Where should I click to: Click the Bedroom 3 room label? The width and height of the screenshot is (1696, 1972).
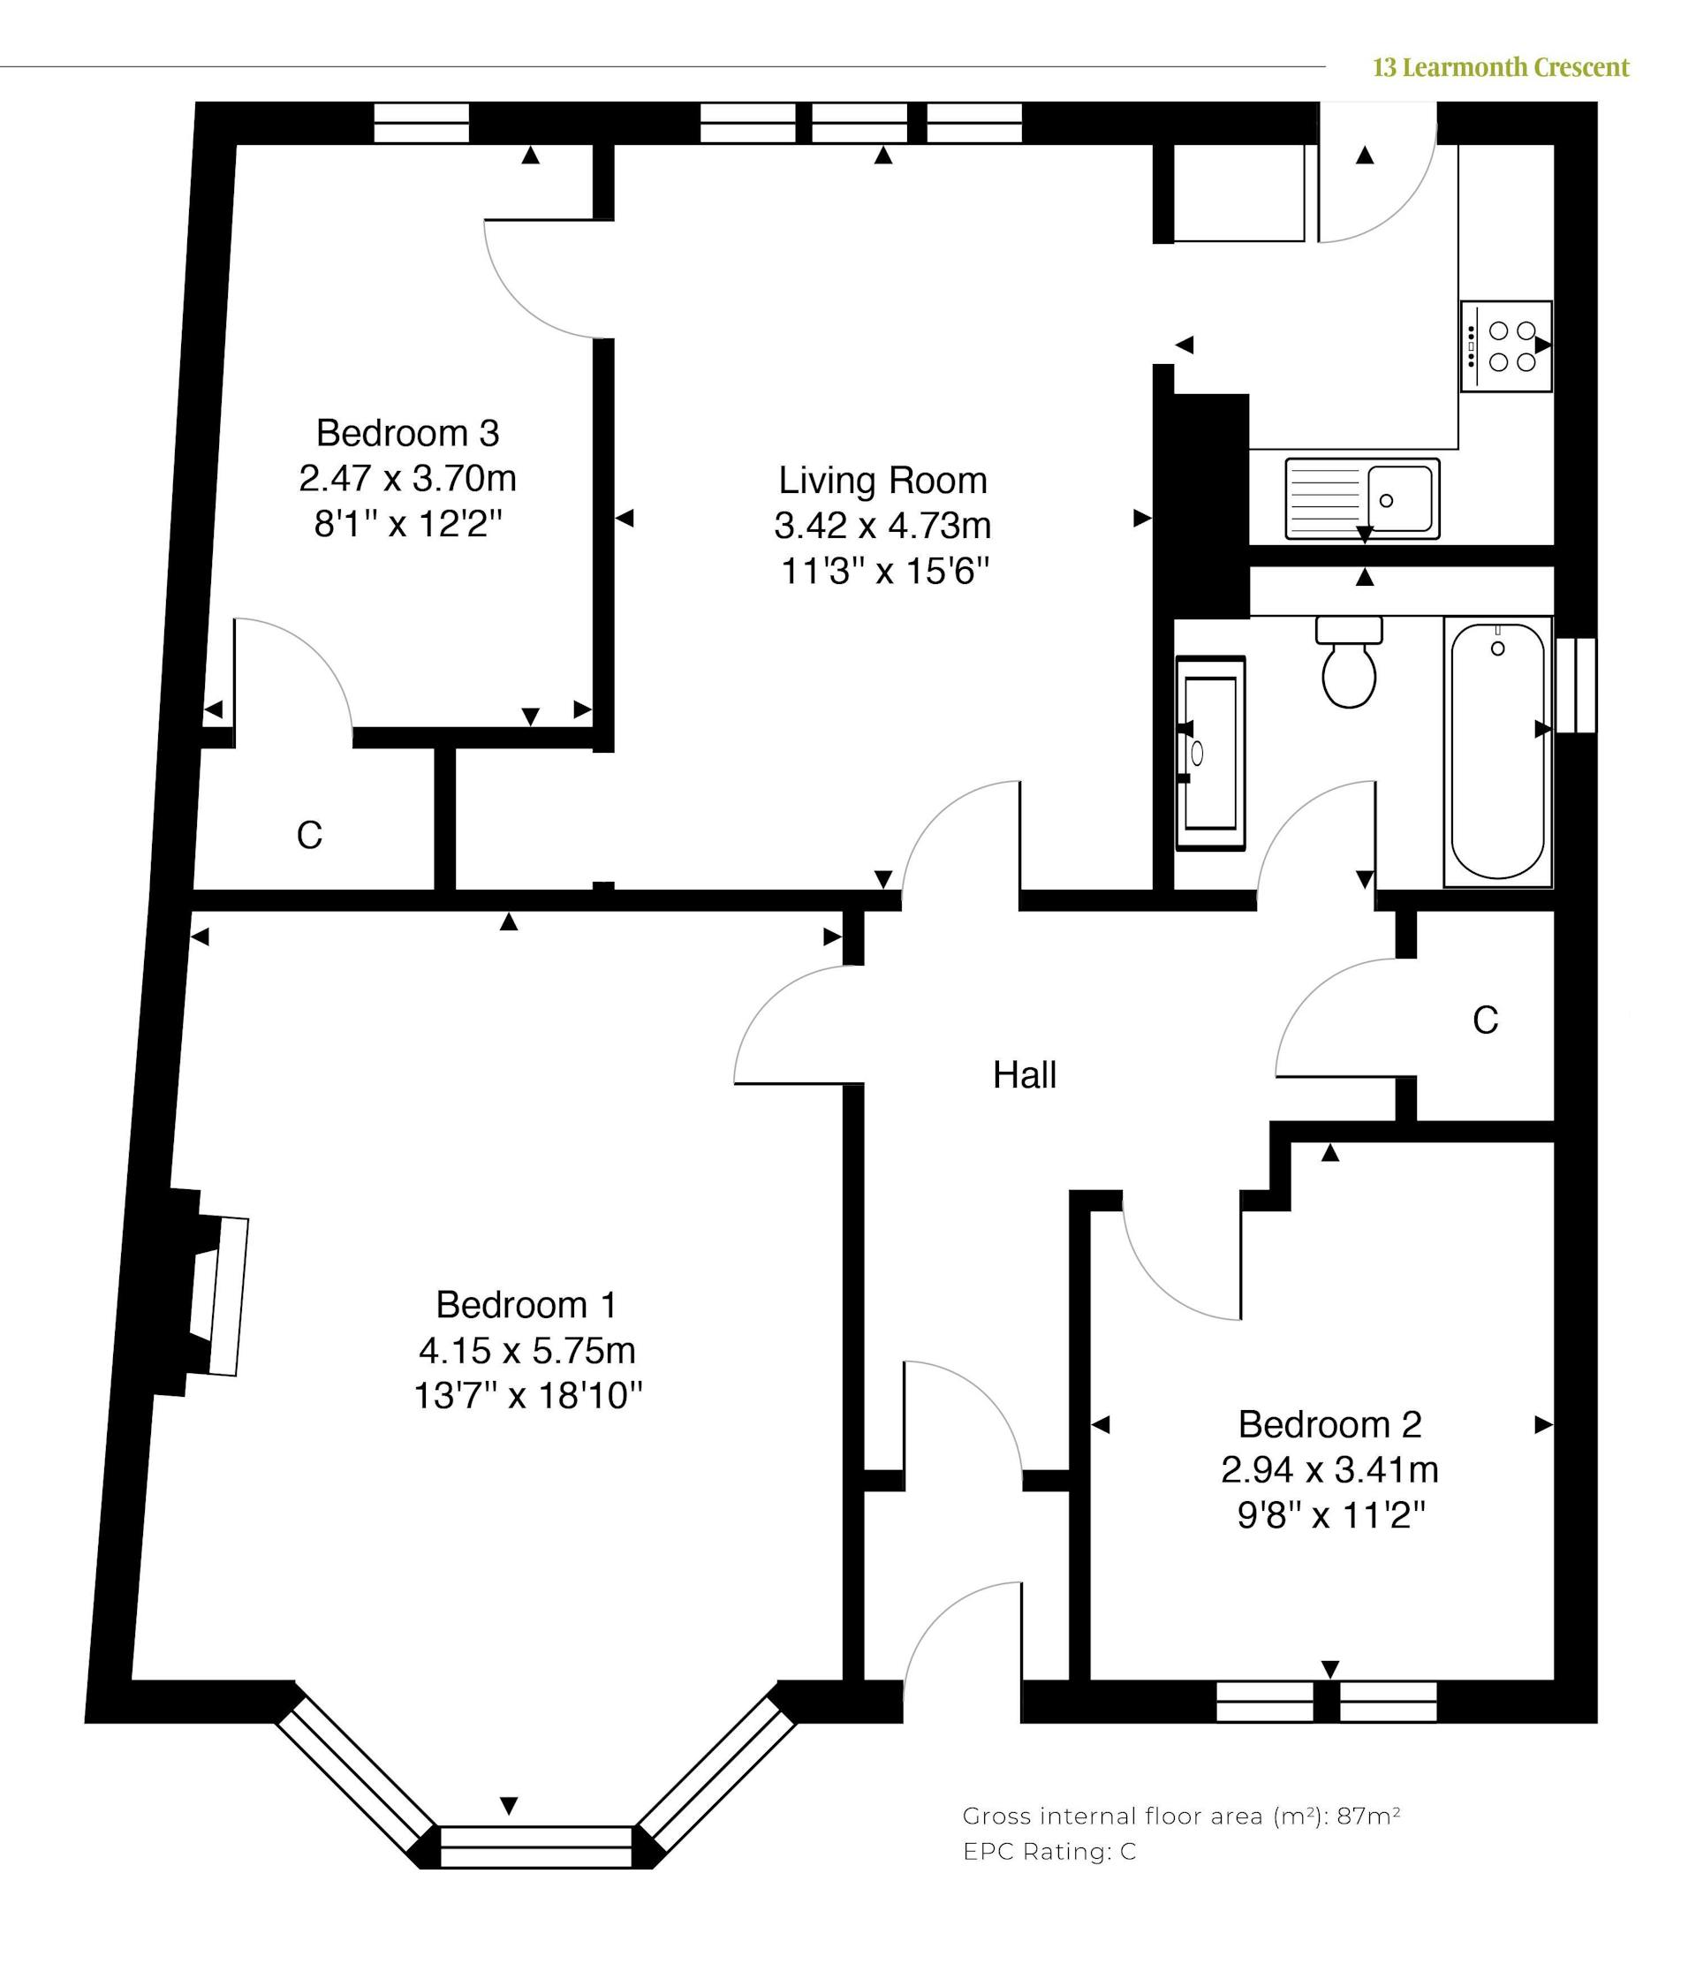(x=407, y=433)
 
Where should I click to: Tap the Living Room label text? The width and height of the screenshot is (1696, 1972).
(x=882, y=481)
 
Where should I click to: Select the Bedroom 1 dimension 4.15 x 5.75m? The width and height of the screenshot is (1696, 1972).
(x=526, y=1349)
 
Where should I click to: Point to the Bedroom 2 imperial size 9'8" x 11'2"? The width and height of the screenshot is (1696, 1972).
(x=1330, y=1514)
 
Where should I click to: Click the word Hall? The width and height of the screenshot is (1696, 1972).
(x=1024, y=1075)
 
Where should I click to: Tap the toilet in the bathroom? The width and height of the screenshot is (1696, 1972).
(x=1349, y=663)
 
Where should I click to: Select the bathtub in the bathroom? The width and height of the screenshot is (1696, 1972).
(x=1497, y=751)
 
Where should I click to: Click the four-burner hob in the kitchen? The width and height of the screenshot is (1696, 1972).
(x=1507, y=345)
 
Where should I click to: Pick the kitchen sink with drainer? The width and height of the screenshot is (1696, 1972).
(x=1362, y=498)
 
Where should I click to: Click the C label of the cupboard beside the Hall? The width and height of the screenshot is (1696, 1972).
(x=1485, y=1020)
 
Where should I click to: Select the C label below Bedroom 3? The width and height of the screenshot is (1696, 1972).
(x=309, y=836)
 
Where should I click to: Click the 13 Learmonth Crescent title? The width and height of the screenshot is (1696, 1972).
(x=1501, y=67)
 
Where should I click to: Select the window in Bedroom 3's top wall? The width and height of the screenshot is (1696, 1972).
(x=421, y=123)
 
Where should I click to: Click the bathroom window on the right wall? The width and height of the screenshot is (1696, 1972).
(x=1575, y=686)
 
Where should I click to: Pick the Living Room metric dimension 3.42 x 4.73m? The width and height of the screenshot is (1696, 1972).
(x=882, y=526)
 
